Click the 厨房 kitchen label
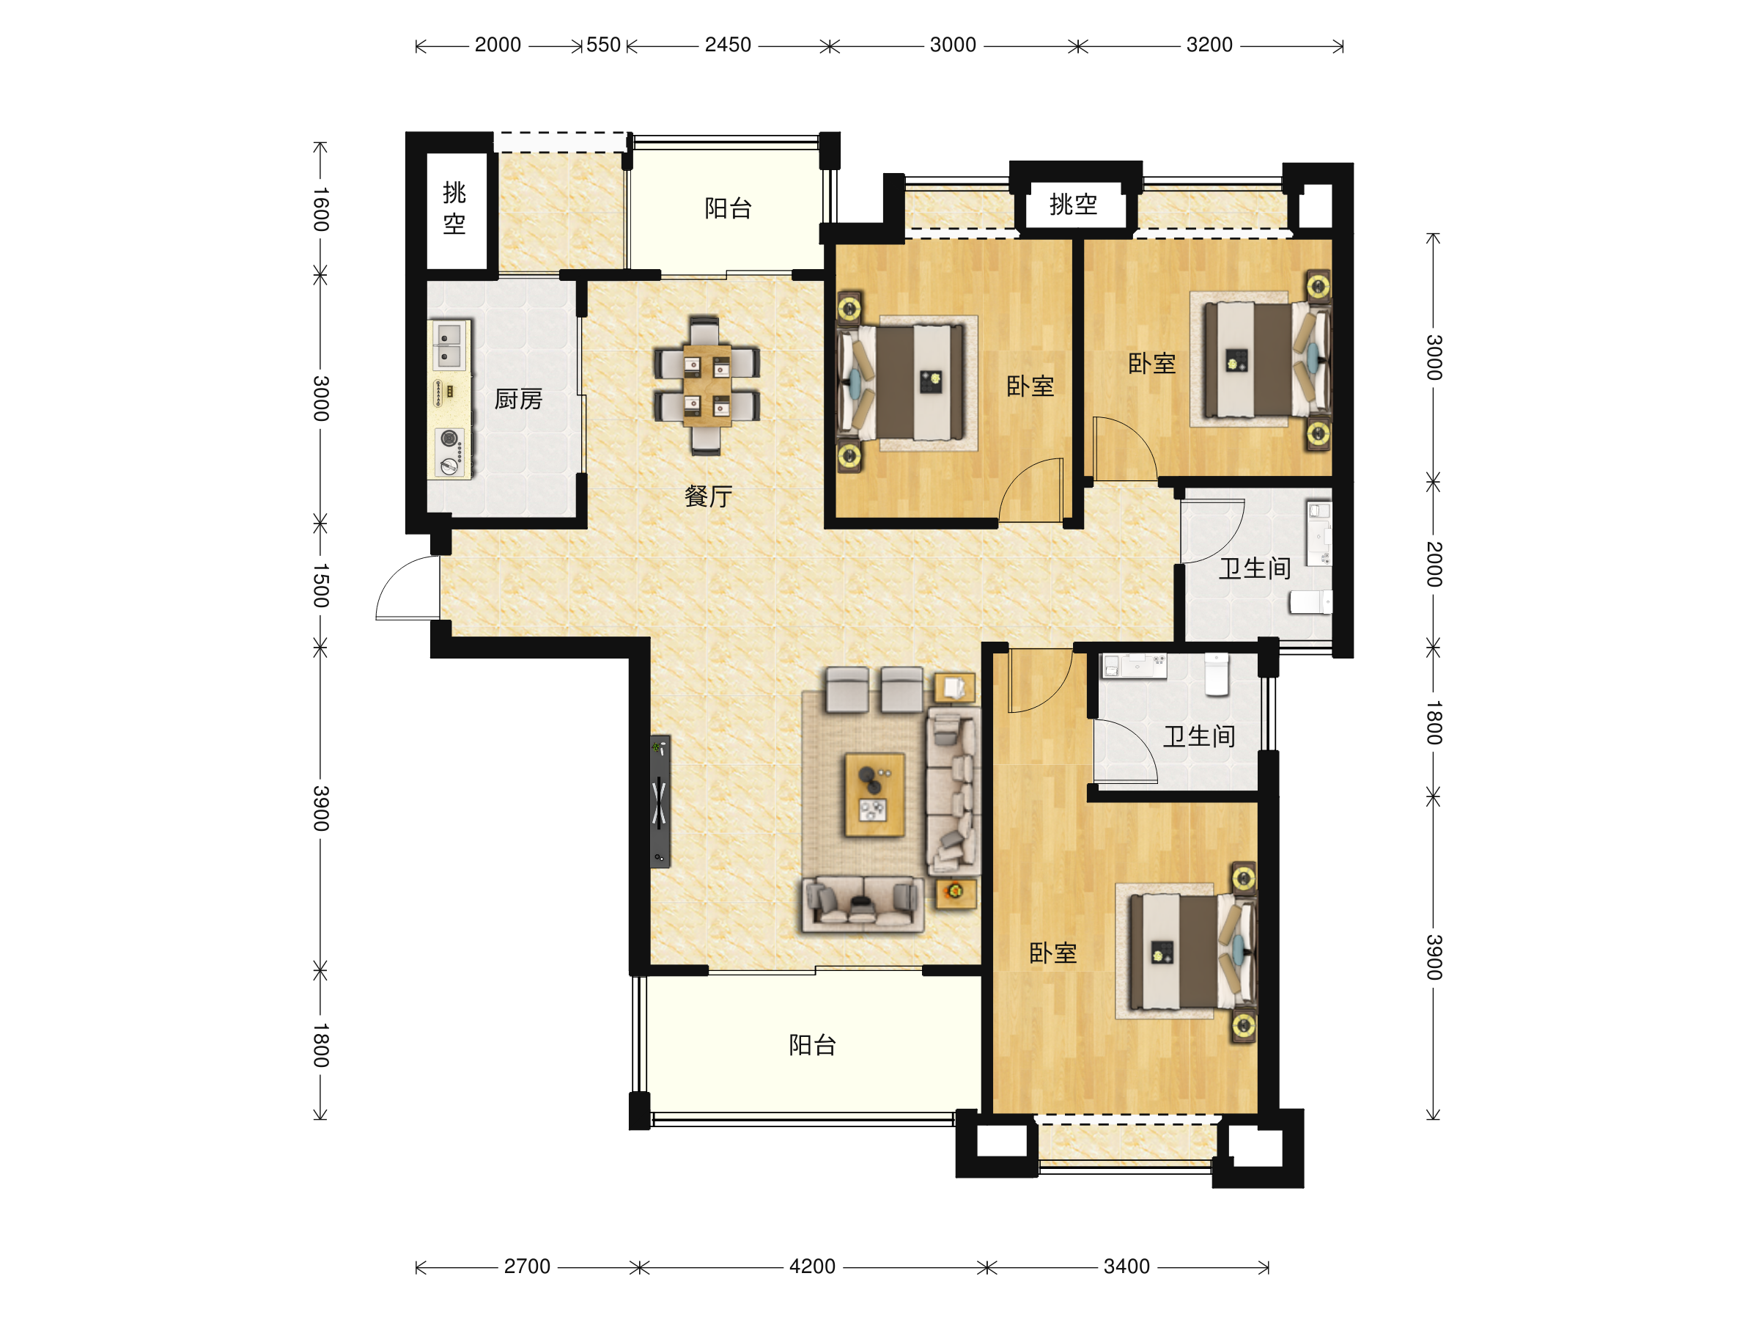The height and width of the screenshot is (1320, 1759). coord(517,399)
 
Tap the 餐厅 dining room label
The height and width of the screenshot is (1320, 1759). coord(708,496)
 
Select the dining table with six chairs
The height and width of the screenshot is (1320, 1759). coord(706,385)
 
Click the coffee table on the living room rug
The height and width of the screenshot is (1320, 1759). coord(874,795)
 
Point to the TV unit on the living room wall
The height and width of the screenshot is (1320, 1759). coord(660,801)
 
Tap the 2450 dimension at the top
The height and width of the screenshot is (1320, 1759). coord(728,45)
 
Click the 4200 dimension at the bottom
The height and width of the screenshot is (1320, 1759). coord(812,1266)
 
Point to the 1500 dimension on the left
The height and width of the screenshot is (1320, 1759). coord(320,586)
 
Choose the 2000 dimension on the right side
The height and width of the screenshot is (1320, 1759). coord(1433,564)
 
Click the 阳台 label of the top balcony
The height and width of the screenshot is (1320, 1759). coord(728,208)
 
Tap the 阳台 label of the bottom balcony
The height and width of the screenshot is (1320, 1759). coord(812,1045)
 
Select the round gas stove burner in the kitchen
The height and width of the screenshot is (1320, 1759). coord(449,438)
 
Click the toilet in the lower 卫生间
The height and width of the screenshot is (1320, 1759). coord(1216,674)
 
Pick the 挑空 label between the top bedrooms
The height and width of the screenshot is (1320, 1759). coord(1073,205)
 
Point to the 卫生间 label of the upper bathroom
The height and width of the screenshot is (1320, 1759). coord(1255,568)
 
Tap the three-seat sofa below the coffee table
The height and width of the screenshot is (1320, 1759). coord(863,904)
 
